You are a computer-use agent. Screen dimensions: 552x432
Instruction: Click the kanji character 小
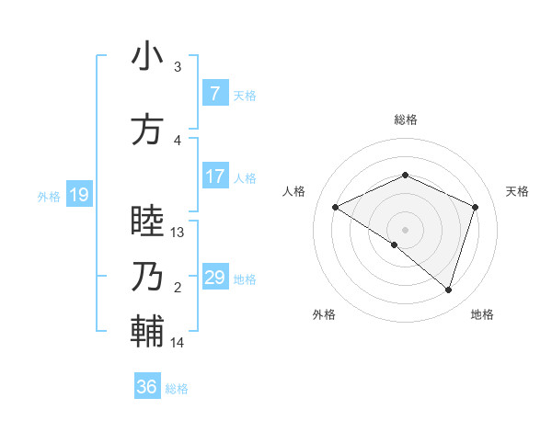pyautogui.click(x=147, y=56)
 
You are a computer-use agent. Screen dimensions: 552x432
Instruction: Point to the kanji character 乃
pyautogui.click(x=147, y=277)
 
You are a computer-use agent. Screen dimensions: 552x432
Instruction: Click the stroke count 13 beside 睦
pyautogui.click(x=178, y=233)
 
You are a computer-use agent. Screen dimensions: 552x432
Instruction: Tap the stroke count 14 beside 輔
pyautogui.click(x=178, y=343)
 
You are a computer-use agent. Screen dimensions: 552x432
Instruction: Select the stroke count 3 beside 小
pyautogui.click(x=178, y=67)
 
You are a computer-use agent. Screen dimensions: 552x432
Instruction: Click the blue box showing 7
pyautogui.click(x=214, y=94)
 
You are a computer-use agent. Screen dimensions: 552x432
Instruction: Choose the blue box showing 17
pyautogui.click(x=214, y=176)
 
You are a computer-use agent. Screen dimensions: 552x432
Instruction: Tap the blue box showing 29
pyautogui.click(x=214, y=278)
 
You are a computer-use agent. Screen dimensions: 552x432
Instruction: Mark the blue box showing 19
pyautogui.click(x=78, y=195)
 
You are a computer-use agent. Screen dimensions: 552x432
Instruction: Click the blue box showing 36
pyautogui.click(x=146, y=387)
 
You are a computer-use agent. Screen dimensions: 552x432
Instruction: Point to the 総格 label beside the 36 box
pyautogui.click(x=177, y=389)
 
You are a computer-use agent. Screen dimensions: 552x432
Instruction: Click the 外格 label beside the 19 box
pyautogui.click(x=48, y=196)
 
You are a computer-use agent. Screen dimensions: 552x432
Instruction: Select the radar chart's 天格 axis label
pyautogui.click(x=517, y=191)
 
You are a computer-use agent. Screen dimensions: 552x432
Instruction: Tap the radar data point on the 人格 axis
pyautogui.click(x=336, y=208)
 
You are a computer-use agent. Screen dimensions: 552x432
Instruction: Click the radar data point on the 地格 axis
pyautogui.click(x=448, y=290)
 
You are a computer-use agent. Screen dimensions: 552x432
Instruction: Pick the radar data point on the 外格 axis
pyautogui.click(x=395, y=244)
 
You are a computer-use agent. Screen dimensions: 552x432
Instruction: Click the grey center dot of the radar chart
pyautogui.click(x=405, y=229)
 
